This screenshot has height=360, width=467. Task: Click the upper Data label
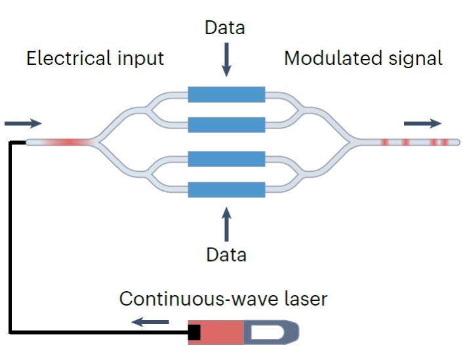point(225,28)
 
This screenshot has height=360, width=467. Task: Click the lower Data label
point(226,255)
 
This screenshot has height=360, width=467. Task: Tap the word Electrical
point(69,58)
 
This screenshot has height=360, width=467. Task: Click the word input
point(140,59)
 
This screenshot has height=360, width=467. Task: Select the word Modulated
point(333,58)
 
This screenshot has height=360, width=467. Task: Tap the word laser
point(306,298)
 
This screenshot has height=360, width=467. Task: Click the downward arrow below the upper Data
point(226,60)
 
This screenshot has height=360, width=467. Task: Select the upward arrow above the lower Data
point(226,224)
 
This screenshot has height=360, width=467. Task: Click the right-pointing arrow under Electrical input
point(23,123)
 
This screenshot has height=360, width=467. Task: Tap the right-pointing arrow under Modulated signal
point(422,123)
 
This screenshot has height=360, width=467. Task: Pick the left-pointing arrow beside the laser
point(150,322)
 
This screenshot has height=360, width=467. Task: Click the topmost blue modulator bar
point(226,94)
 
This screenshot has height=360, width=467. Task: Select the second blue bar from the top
point(226,125)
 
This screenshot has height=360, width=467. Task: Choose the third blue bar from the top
point(226,159)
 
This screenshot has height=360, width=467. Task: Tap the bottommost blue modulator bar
point(226,190)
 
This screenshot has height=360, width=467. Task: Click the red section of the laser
point(222,332)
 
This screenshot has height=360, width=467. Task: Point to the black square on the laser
point(194,332)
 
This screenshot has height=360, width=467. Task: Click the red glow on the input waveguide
point(68,142)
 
